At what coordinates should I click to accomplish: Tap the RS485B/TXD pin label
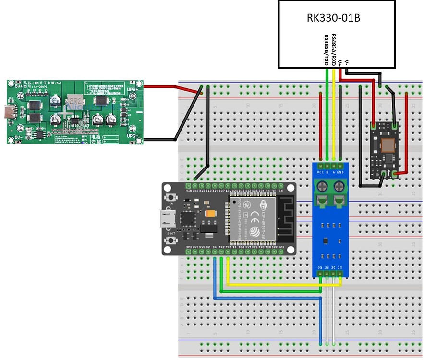tap(327, 49)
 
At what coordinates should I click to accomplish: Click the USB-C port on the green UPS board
tap(10, 111)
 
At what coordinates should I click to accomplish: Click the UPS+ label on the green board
tap(133, 90)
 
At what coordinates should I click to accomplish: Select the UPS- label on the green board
tap(133, 136)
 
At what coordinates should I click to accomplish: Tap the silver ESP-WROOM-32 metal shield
tap(253, 218)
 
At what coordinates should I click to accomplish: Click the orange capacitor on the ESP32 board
tap(210, 214)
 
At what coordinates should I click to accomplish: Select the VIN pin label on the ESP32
tap(188, 190)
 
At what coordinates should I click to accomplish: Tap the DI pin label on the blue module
tap(340, 266)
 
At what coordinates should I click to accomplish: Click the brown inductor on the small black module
tap(387, 144)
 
